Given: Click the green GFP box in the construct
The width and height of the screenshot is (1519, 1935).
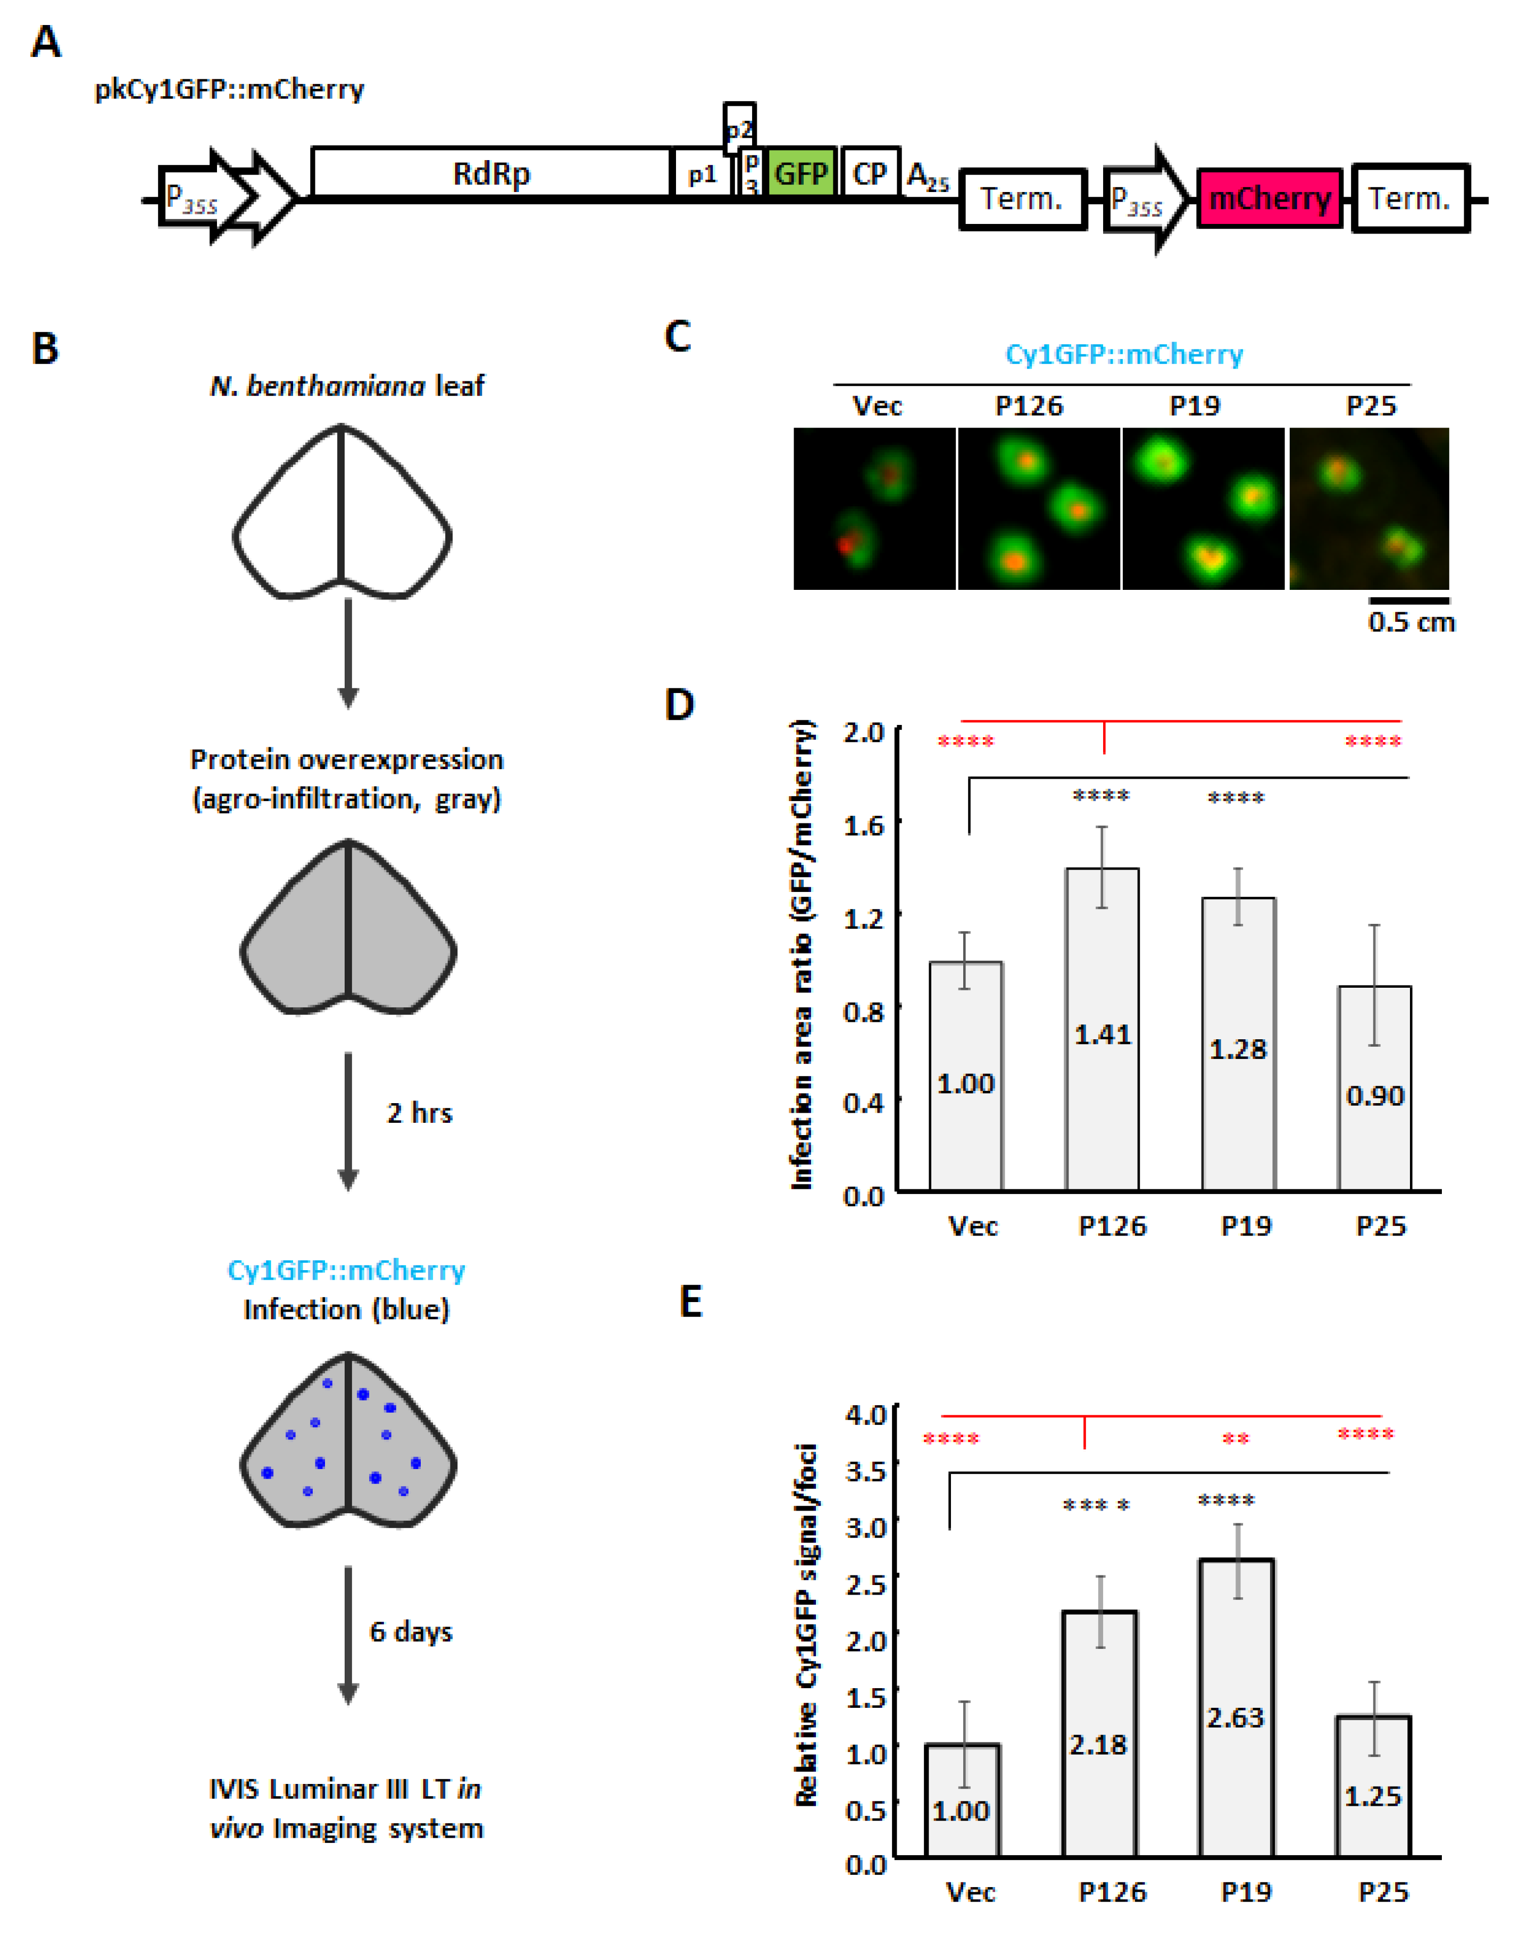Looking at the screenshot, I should tap(800, 173).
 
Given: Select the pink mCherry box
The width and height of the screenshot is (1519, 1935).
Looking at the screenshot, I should tap(1269, 198).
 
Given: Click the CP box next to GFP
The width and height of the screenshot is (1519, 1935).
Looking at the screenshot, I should tap(870, 173).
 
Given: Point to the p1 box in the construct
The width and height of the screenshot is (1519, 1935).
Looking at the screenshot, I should tap(702, 174).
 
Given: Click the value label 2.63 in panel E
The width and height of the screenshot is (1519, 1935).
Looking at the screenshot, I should tap(1236, 1716).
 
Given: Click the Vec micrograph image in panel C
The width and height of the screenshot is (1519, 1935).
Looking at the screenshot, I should tap(874, 508).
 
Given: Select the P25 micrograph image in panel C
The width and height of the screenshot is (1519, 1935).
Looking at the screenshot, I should tap(1368, 508).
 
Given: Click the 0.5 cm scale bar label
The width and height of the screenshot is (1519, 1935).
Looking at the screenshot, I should tap(1412, 622).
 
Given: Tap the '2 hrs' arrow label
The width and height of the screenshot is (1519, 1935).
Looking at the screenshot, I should tap(419, 1113).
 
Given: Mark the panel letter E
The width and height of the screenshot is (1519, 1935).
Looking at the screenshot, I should tap(691, 1302).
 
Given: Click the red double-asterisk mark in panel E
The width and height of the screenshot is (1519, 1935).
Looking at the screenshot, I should tap(1236, 1439).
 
